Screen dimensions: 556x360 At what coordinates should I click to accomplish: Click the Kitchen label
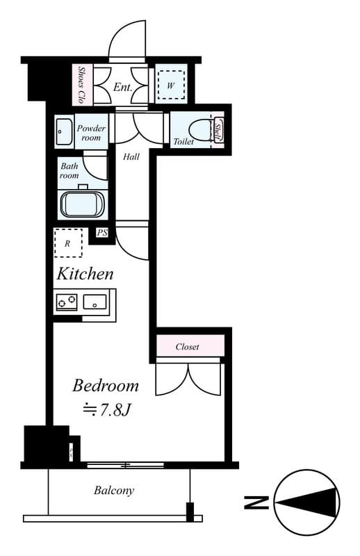pos(85,274)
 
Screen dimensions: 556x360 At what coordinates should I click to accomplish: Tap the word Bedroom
pos(106,386)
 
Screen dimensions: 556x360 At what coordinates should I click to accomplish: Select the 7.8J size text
pos(107,409)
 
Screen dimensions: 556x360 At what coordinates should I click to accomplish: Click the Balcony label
pos(114,491)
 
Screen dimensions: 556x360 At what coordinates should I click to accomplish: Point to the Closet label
pos(187,346)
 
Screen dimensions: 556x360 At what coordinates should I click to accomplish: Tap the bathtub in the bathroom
pos(83,205)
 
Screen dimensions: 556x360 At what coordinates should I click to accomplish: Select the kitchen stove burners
pos(67,302)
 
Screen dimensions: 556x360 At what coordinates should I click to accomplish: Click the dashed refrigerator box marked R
pos(67,244)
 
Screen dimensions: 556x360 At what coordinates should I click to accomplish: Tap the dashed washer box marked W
pos(170,85)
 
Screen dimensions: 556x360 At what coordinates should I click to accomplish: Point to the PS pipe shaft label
pos(103,233)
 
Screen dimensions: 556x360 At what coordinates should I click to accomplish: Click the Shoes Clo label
pos(81,85)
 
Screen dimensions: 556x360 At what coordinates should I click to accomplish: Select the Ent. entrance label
pos(123,88)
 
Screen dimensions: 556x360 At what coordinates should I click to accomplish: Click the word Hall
pos(131,157)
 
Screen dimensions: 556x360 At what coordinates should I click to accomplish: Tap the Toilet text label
pos(183,142)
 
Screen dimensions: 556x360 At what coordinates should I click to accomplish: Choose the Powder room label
pos(91,133)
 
